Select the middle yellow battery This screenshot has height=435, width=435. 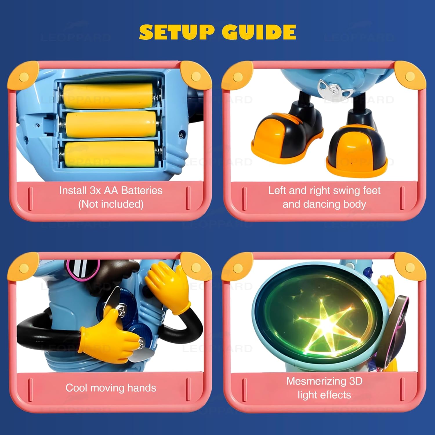coord(110,124)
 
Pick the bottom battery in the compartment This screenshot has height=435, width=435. coord(110,154)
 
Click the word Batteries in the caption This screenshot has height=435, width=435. coord(142,191)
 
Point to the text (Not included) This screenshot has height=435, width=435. coord(111,204)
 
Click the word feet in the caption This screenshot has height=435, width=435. coord(371,191)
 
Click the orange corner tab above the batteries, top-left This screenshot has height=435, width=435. coord(23,76)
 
